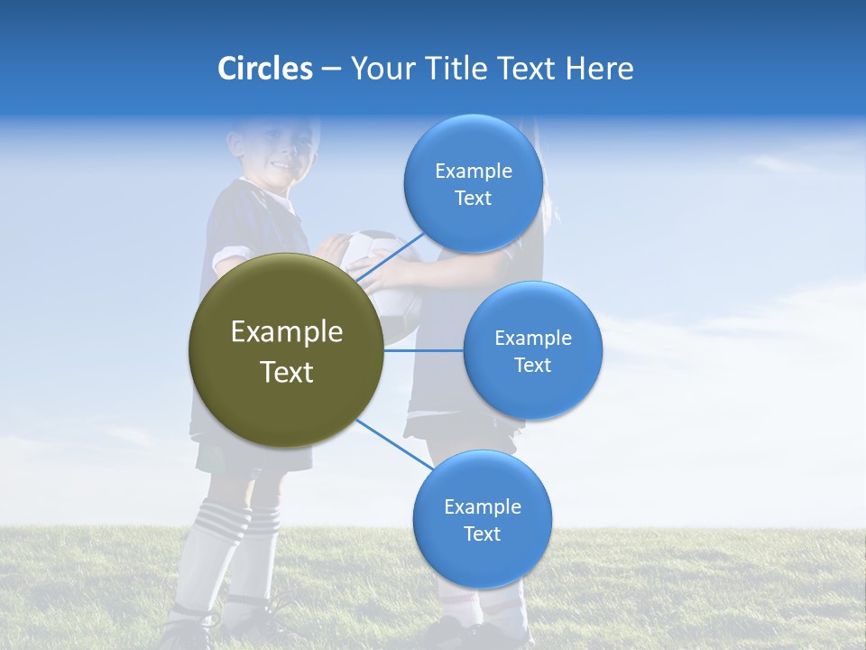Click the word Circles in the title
(264, 69)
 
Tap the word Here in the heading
(599, 69)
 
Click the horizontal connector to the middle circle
(424, 350)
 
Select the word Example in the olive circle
(286, 332)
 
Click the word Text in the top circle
(473, 198)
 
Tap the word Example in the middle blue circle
(532, 339)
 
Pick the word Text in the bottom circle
(482, 534)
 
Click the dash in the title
(331, 70)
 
